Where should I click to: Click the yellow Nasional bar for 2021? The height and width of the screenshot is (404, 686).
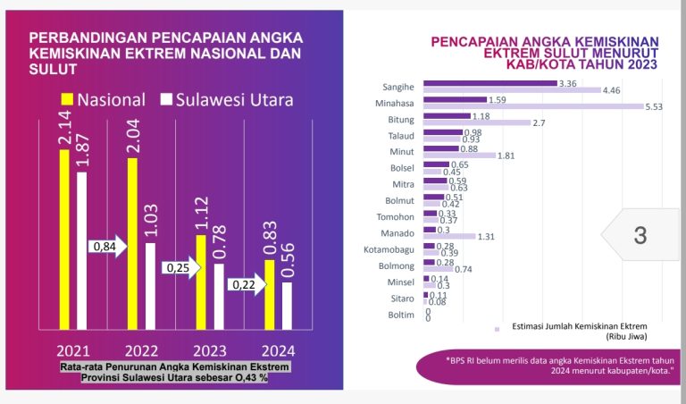pos(63,238)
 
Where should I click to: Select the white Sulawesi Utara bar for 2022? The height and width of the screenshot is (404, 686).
pos(150,284)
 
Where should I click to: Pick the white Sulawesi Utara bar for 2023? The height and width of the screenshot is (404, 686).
pos(218,295)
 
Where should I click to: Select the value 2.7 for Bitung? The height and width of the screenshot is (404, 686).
pos(540,122)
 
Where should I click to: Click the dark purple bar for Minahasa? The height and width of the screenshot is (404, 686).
pos(455,99)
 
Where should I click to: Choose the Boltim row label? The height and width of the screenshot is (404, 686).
pos(400,314)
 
